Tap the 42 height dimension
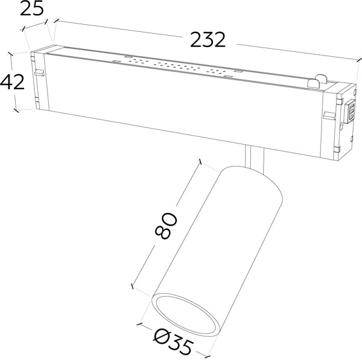pyautogui.click(x=13, y=81)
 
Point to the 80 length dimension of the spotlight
pyautogui.click(x=167, y=225)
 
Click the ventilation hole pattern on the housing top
pyautogui.click(x=175, y=66)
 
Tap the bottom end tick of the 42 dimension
pyautogui.click(x=17, y=111)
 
